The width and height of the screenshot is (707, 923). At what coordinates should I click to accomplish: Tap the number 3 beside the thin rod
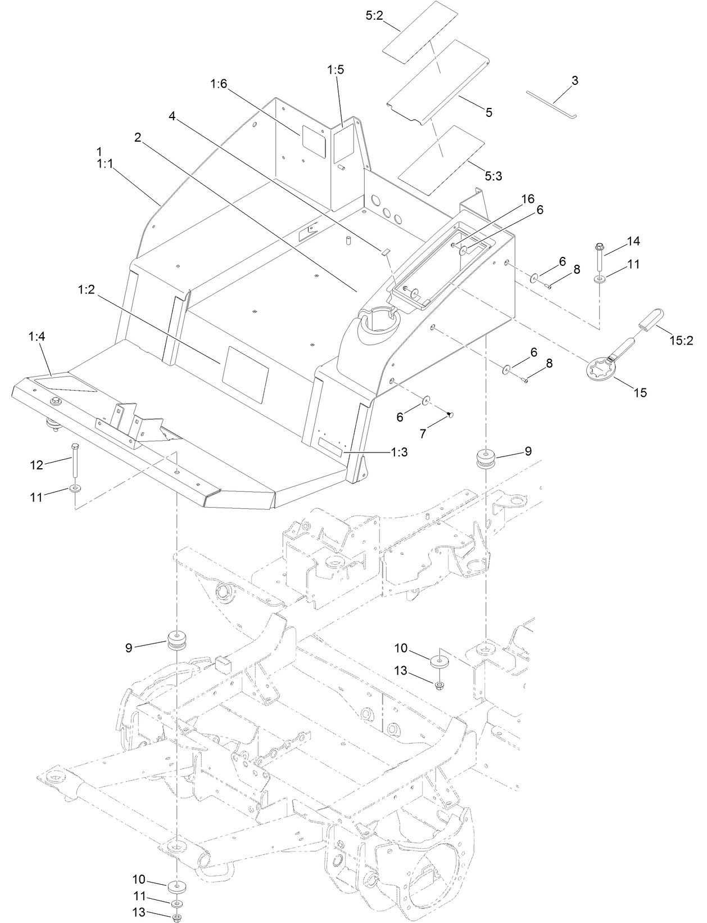pyautogui.click(x=574, y=81)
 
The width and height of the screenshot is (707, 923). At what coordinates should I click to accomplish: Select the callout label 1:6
pyautogui.click(x=219, y=84)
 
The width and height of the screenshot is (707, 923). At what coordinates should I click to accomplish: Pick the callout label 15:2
pyautogui.click(x=681, y=341)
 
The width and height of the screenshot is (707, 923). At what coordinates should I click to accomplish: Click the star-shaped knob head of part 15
pyautogui.click(x=599, y=372)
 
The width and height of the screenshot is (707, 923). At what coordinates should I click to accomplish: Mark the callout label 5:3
pyautogui.click(x=493, y=176)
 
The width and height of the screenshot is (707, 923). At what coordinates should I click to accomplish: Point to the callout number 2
pyautogui.click(x=137, y=138)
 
